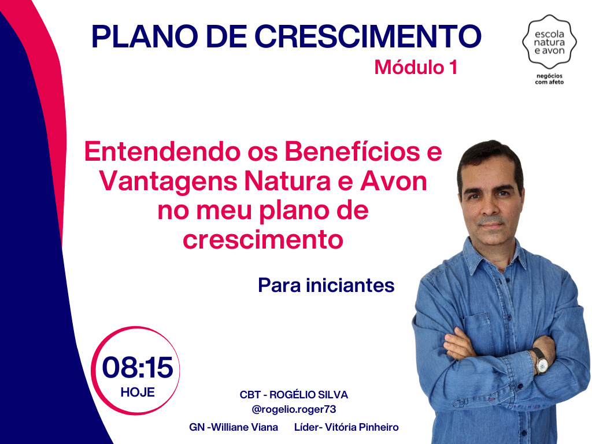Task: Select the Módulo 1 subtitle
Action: [416, 67]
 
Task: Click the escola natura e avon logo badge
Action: [549, 42]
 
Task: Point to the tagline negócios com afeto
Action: [549, 79]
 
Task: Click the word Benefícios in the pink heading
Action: [352, 151]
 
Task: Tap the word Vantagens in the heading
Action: [168, 182]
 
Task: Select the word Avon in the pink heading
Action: [393, 181]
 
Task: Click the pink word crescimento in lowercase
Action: [263, 240]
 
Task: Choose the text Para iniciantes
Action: [326, 286]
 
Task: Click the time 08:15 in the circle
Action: [138, 367]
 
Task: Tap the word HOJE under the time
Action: [138, 393]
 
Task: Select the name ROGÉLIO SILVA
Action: [309, 394]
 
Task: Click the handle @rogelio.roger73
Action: [294, 409]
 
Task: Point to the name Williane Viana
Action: [245, 427]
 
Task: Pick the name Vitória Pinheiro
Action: [362, 427]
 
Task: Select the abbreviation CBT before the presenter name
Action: [250, 394]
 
